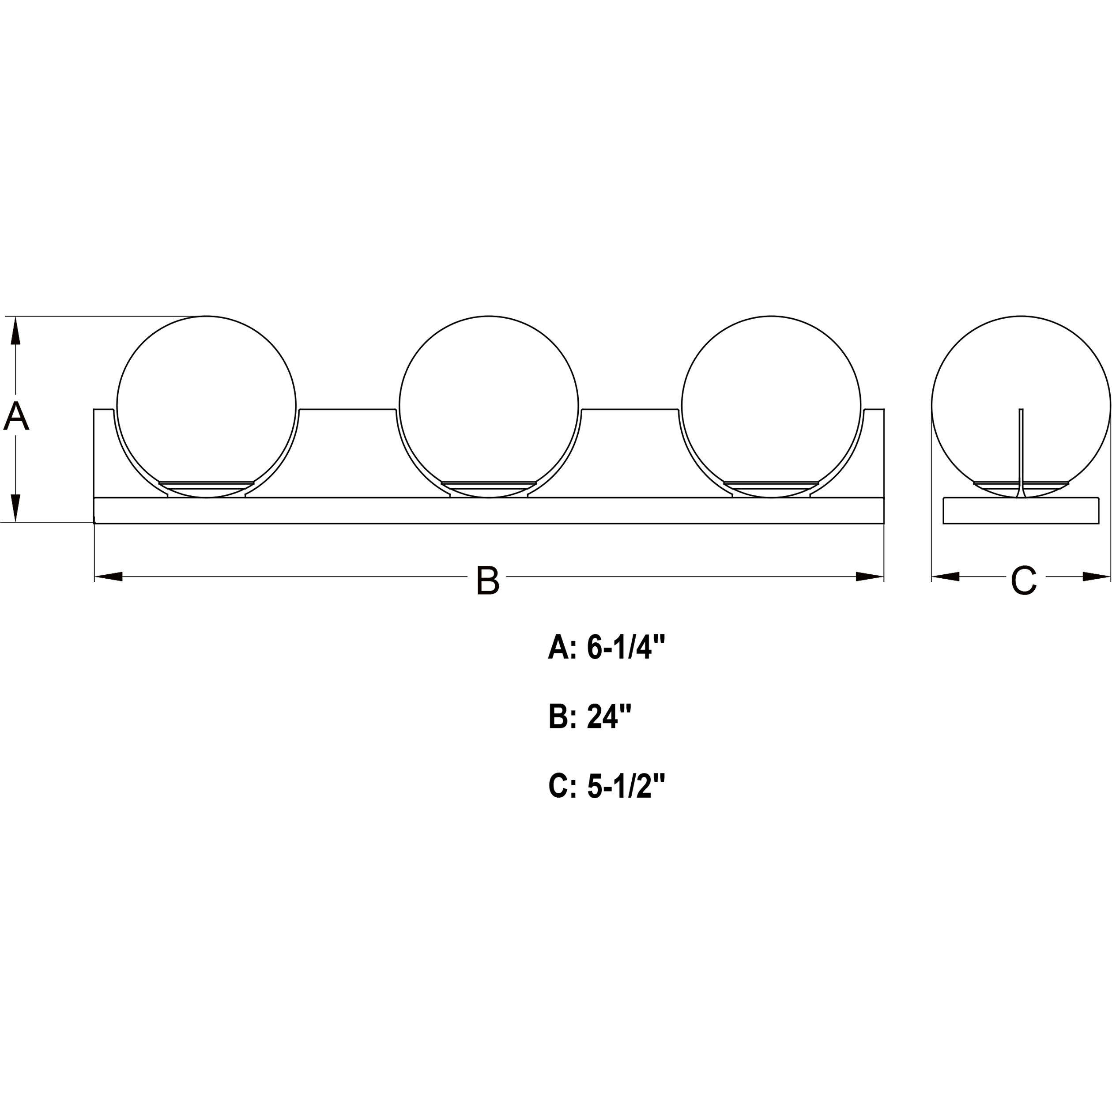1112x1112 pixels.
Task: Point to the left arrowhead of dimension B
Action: coord(108,577)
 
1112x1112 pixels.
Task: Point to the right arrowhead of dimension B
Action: coord(870,577)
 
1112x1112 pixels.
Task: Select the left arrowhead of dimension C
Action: coord(946,576)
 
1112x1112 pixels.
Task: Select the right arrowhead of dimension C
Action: coord(1097,576)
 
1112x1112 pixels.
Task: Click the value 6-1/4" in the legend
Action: coord(626,647)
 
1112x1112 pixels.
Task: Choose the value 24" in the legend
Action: coord(609,716)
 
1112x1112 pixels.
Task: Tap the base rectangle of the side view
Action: coord(1021,510)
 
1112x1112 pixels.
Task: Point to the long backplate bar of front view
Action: coord(489,510)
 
